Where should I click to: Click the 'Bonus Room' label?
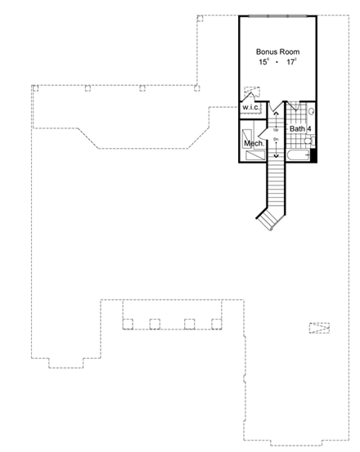pos(277,51)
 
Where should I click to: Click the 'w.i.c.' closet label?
pos(250,108)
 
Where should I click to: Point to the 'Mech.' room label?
pos(253,144)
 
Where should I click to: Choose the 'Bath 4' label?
pos(299,128)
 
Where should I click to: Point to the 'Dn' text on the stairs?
pos(276,141)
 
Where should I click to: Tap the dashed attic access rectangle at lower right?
pos(319,328)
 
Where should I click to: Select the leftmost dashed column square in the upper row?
pos(35,87)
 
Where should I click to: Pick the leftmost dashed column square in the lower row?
pos(127,323)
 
